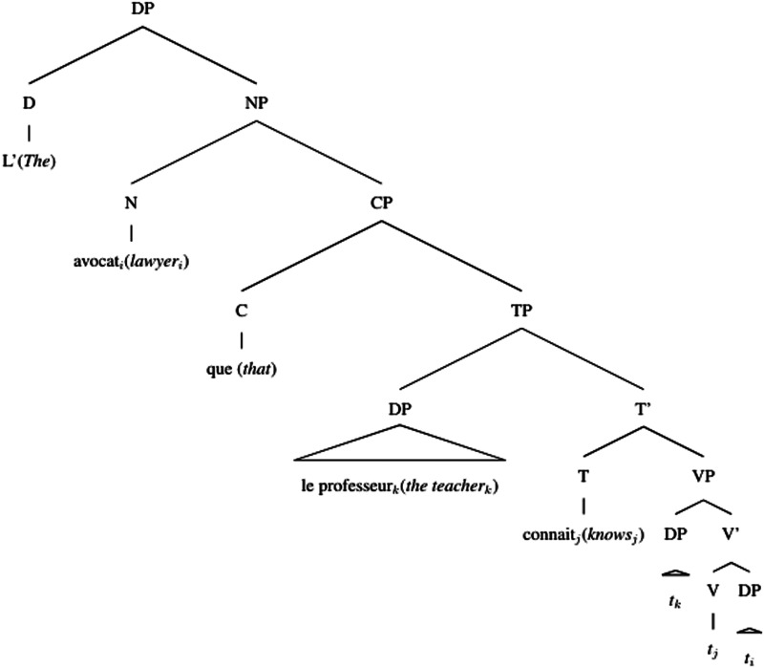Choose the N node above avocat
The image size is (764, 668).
pos(131,205)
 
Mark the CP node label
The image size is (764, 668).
pos(382,205)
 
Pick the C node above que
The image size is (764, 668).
pos(242,312)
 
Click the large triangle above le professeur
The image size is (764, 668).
pos(399,444)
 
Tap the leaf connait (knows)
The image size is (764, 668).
pos(584,534)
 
